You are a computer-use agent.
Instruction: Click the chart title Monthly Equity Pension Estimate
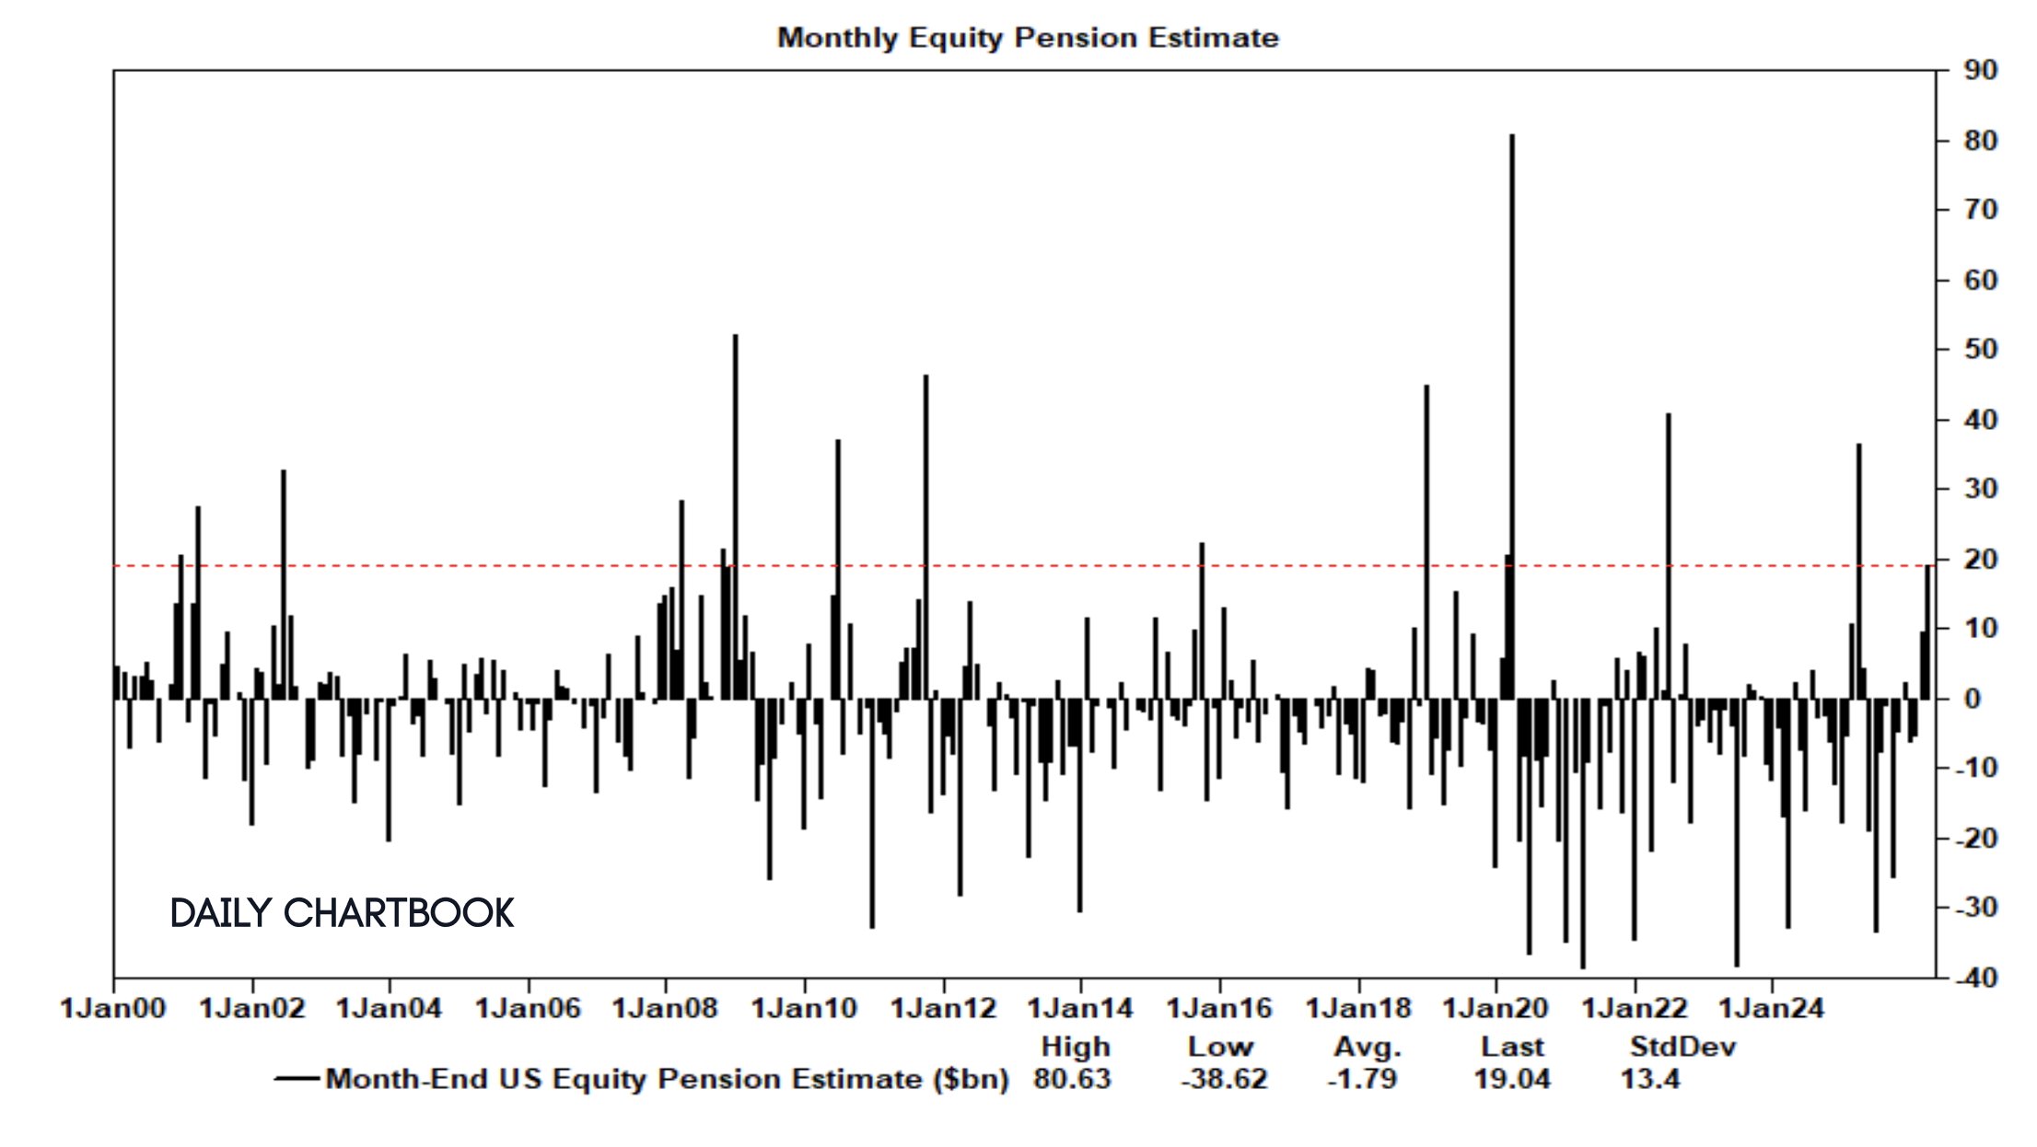click(x=1028, y=38)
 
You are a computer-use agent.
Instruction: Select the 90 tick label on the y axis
click(x=1980, y=70)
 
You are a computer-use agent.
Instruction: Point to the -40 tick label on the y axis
click(x=1974, y=978)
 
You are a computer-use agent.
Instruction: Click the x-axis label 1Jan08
click(x=665, y=1009)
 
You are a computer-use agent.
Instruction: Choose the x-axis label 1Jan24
click(x=1771, y=1009)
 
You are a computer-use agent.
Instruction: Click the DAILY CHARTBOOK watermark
click(x=342, y=913)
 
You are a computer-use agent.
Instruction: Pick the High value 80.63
click(x=1072, y=1079)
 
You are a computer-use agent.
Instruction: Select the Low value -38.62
click(x=1224, y=1079)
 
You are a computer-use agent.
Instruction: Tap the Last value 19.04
click(x=1511, y=1079)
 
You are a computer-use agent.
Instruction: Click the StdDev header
click(x=1682, y=1048)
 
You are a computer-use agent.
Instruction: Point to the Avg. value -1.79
click(x=1362, y=1079)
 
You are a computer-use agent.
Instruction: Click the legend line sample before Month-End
click(x=297, y=1079)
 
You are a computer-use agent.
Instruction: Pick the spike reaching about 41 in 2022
click(x=1668, y=552)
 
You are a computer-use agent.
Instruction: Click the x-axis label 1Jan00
click(x=112, y=1009)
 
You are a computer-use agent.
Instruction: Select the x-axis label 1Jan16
click(x=1219, y=1009)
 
